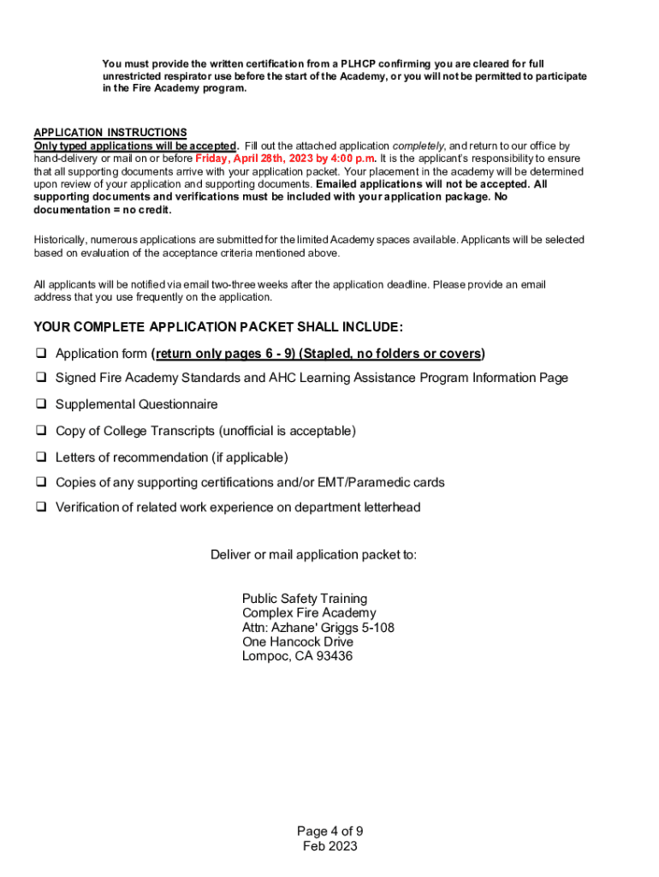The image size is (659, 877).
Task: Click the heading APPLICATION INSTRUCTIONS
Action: (110, 133)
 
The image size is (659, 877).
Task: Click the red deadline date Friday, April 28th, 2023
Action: (246, 158)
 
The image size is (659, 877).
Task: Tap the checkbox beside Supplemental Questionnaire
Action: (40, 404)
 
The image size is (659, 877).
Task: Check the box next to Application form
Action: (40, 354)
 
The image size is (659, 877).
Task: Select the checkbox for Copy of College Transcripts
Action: (40, 431)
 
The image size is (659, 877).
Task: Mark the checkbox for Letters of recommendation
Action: (40, 457)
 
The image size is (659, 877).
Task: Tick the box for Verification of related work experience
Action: (40, 507)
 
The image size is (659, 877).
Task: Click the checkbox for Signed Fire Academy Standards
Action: (40, 378)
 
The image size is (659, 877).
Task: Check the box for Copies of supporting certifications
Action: (40, 482)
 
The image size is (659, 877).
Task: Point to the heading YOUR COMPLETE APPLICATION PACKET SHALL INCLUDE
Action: (218, 327)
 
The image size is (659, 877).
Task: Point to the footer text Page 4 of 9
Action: (329, 832)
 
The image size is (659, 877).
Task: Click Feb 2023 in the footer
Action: (329, 846)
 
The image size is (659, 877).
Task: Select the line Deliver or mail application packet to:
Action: (314, 555)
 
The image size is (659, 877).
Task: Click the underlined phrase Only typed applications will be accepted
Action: (135, 146)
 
